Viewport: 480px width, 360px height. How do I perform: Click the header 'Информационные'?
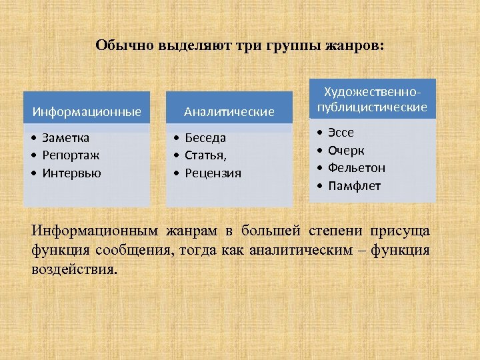87,111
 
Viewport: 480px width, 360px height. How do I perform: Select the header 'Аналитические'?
229,111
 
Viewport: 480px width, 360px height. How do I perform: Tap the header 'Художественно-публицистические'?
371,99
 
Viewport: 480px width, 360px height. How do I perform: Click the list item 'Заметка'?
65,138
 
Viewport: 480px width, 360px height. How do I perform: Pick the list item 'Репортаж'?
71,155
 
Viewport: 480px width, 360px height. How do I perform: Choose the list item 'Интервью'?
71,173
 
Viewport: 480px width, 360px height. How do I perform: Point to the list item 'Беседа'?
205,138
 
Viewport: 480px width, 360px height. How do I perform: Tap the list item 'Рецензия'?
213,173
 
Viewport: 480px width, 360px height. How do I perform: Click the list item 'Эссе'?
341,133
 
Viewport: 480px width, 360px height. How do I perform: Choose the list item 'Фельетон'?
356,168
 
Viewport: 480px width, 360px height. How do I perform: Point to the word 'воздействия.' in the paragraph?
74,271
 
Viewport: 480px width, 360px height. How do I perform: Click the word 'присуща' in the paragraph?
401,231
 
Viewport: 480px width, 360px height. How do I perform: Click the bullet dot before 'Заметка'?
33,138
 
